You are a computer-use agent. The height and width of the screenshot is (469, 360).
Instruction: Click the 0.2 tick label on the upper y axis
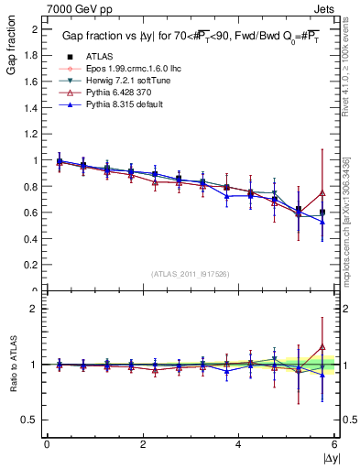pyautogui.click(x=31, y=265)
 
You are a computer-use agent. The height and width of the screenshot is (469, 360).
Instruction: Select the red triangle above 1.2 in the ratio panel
pyautogui.click(x=322, y=347)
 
